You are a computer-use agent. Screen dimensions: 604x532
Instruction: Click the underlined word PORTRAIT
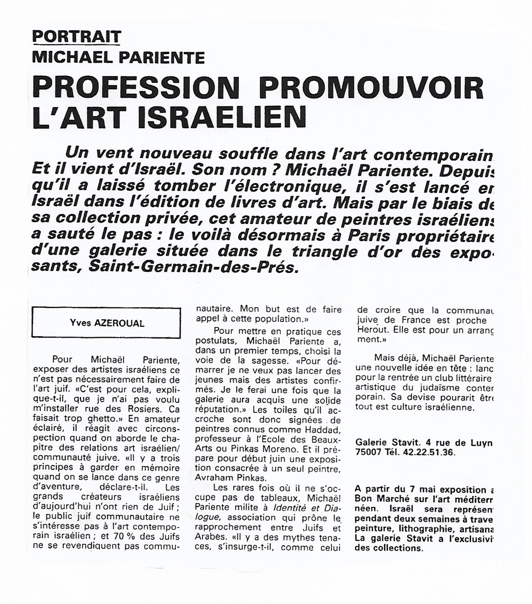click(77, 37)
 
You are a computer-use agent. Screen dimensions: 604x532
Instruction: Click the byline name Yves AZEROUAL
click(107, 323)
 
